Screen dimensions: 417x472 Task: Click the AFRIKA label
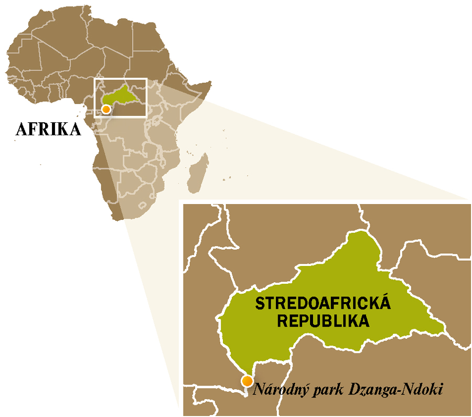tap(48, 129)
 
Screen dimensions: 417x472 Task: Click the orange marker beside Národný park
tap(247, 381)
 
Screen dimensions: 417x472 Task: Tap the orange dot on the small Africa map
tap(106, 109)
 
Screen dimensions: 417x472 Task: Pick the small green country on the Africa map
tap(122, 95)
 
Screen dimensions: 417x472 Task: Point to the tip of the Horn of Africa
tap(210, 82)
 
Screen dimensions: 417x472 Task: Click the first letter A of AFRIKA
tap(22, 129)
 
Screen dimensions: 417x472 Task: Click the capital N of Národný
tap(258, 389)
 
